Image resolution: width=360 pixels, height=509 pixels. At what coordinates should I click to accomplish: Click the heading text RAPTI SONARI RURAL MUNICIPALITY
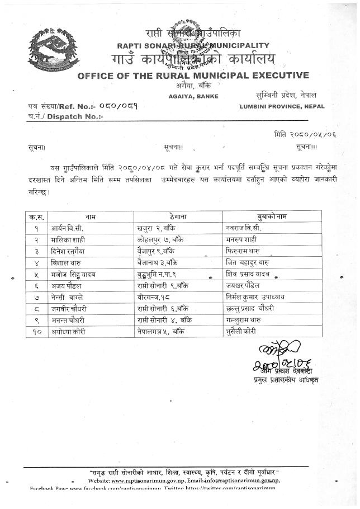click(193, 45)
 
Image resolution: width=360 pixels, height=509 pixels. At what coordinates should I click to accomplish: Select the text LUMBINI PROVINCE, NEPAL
click(282, 106)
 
